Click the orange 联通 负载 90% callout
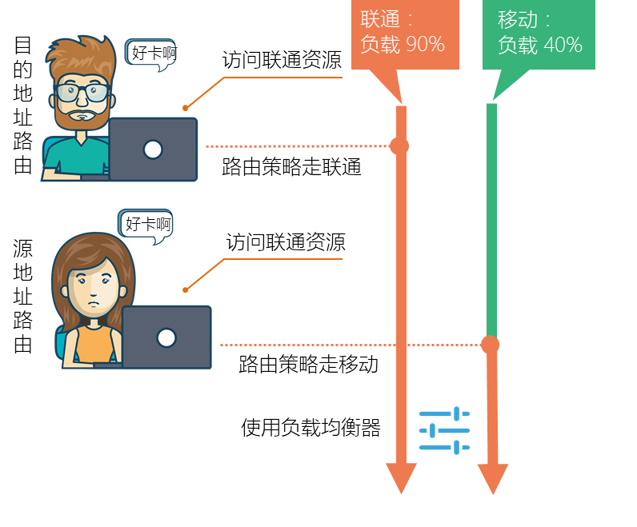pyautogui.click(x=403, y=34)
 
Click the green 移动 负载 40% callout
pyautogui.click(x=539, y=34)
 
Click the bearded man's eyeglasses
pyautogui.click(x=82, y=92)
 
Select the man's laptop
pyautogui.click(x=152, y=150)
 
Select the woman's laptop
pyautogui.click(x=166, y=337)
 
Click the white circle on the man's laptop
pyautogui.click(x=152, y=150)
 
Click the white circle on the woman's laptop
pyautogui.click(x=166, y=337)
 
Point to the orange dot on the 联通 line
pyautogui.click(x=399, y=146)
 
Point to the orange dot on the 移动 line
pyautogui.click(x=491, y=345)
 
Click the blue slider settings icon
pyautogui.click(x=445, y=431)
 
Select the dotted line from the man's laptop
pyautogui.click(x=296, y=146)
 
